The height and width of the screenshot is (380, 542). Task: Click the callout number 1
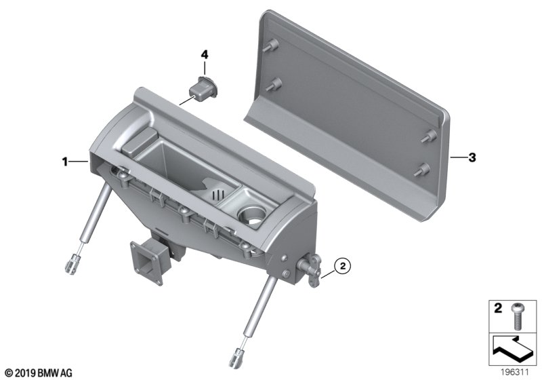tap(64, 161)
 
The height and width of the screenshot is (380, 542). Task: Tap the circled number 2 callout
tap(343, 266)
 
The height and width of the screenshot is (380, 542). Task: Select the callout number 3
tap(472, 157)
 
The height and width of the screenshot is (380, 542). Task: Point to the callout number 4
tap(205, 54)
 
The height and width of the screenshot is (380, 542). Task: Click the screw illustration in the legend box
tap(516, 316)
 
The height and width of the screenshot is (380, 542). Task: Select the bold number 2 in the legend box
tap(498, 307)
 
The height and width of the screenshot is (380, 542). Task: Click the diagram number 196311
tap(515, 373)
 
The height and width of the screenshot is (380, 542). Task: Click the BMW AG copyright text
tap(39, 373)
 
